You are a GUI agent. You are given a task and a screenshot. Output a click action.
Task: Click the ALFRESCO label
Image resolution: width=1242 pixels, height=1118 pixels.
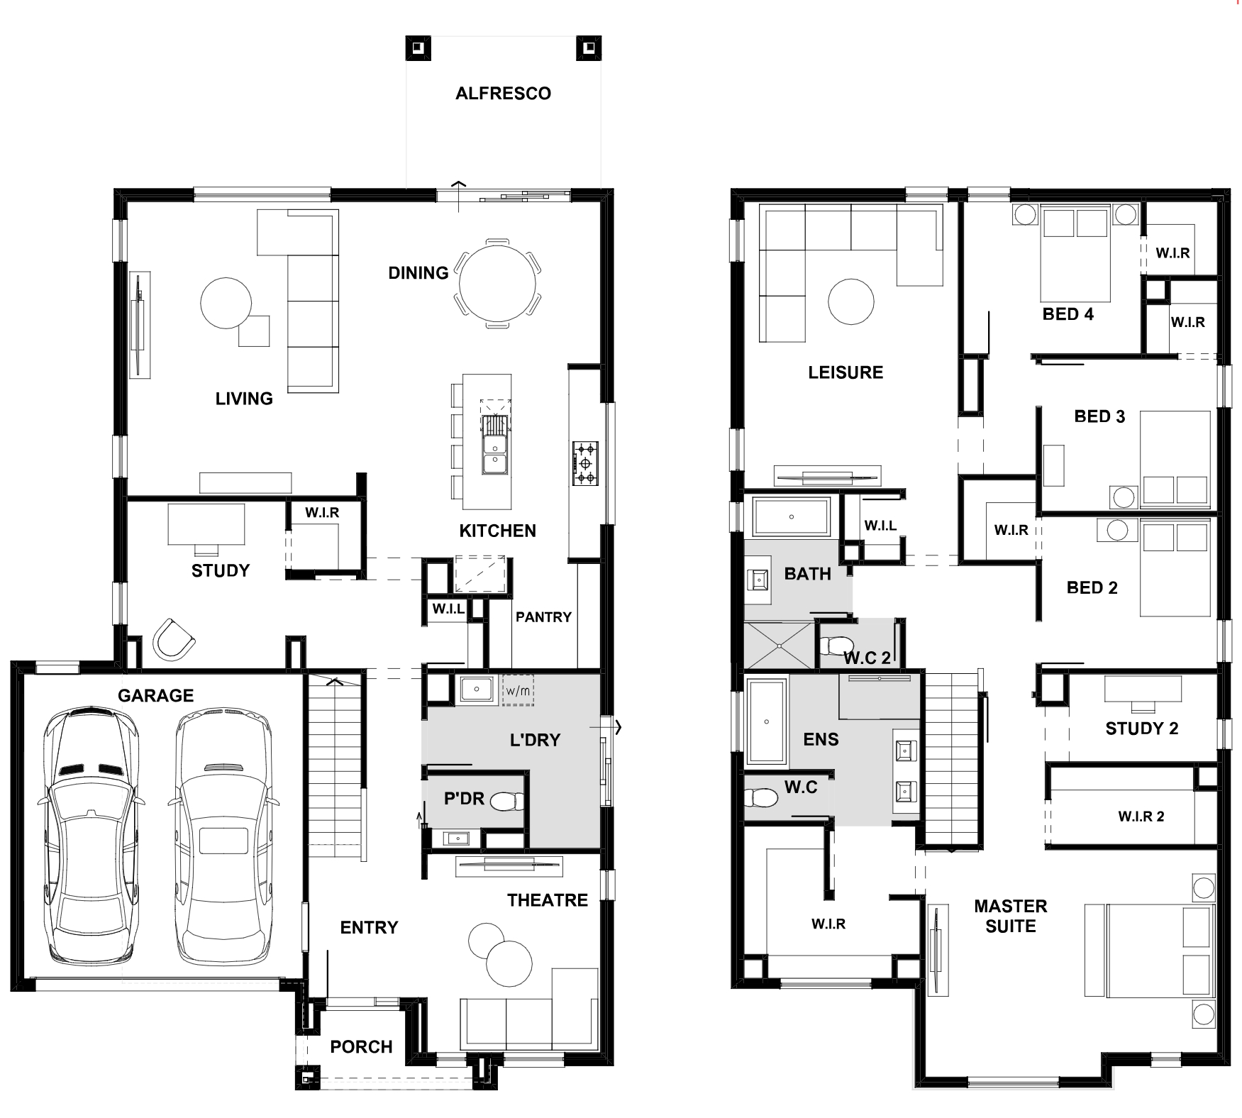(503, 94)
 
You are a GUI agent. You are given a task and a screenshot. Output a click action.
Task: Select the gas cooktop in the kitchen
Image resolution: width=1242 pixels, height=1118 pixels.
(586, 463)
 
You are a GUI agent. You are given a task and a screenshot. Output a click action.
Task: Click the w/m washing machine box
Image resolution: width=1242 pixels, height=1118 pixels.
(518, 690)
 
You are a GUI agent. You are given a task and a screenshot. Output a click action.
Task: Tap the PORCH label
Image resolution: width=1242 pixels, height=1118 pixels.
(361, 1046)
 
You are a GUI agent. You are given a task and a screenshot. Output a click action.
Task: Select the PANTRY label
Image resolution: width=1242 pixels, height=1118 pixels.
(543, 617)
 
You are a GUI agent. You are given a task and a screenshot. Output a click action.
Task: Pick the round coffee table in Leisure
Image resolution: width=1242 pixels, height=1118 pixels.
(850, 301)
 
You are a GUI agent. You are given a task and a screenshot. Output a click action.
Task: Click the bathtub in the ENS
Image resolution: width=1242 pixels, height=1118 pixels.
(766, 722)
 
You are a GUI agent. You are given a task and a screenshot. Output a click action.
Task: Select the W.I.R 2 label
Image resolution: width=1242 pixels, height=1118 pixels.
(1141, 817)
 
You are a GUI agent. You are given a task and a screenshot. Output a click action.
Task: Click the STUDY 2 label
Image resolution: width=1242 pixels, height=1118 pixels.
(1141, 729)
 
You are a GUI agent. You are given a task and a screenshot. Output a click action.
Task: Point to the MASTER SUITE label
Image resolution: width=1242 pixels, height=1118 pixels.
(1011, 916)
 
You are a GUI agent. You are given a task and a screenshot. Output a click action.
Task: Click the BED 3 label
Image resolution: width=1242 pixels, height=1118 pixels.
(1099, 416)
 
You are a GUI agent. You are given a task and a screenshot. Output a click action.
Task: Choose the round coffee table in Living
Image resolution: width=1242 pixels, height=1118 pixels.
(226, 302)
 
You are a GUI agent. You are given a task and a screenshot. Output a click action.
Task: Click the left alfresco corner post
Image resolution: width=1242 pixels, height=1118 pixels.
(418, 48)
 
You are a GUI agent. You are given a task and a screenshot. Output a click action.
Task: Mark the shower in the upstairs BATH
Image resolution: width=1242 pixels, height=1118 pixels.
(778, 646)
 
